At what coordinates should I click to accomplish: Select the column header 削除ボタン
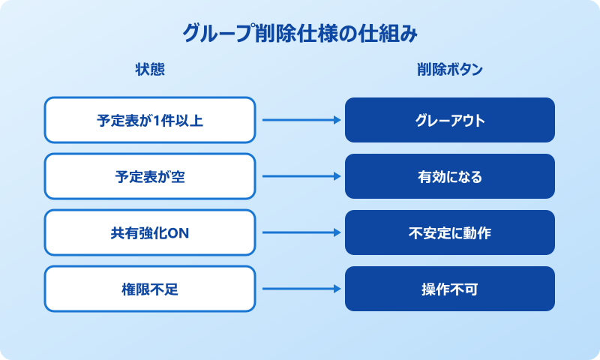coord(449,70)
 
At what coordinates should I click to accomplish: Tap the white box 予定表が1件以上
coord(150,120)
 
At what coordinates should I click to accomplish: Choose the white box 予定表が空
coord(150,176)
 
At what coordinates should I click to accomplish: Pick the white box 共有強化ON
coord(150,232)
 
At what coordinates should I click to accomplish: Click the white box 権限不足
coord(150,289)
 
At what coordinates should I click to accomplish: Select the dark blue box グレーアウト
coord(450,120)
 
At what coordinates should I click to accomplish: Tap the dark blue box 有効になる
coord(450,176)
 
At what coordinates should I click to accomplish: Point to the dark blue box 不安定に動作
coord(450,232)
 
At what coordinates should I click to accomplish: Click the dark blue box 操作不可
coord(450,289)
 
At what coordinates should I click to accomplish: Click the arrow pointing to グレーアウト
coord(300,120)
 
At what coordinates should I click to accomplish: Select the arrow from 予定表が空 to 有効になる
coord(300,176)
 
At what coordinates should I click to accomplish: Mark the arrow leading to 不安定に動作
coord(300,232)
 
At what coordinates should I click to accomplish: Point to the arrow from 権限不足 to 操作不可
coord(300,289)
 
